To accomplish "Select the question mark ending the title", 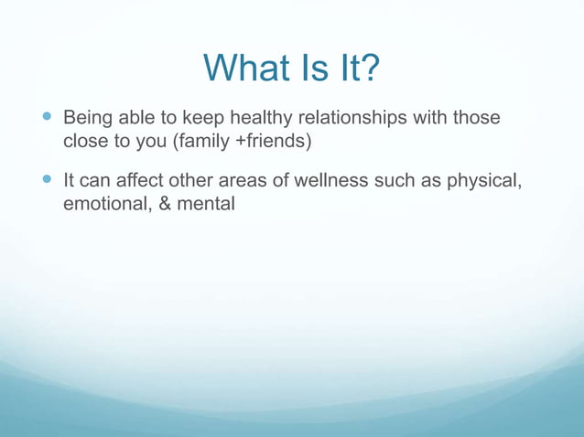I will pyautogui.click(x=368, y=69).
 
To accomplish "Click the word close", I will pyautogui.click(x=84, y=143).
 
